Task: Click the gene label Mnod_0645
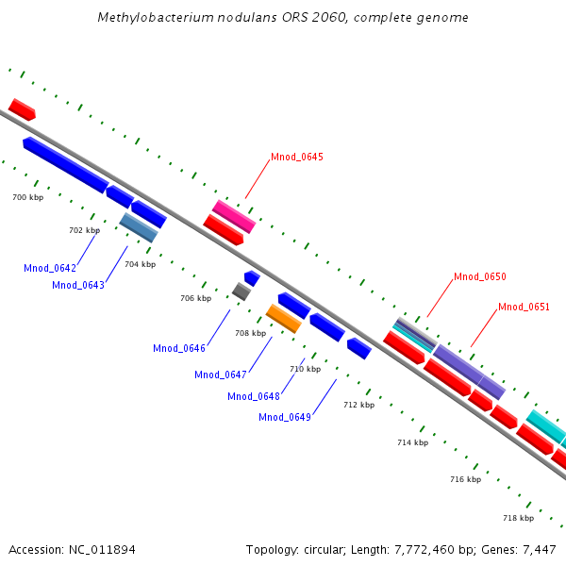[x=297, y=157]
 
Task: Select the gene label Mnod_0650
[x=480, y=277]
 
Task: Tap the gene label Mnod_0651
[x=524, y=307]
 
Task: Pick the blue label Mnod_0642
[x=50, y=269]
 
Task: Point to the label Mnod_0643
[x=78, y=285]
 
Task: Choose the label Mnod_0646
[x=179, y=349]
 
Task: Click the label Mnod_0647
[x=221, y=375]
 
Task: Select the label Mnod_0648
[x=254, y=396]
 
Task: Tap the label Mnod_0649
[x=285, y=418]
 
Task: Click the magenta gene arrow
[x=233, y=216]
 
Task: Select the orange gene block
[x=284, y=318]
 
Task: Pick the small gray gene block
[x=241, y=291]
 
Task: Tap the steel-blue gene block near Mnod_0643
[x=139, y=227]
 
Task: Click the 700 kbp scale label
[x=27, y=198]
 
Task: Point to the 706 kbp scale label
[x=195, y=298]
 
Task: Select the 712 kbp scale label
[x=358, y=405]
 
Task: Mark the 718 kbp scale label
[x=518, y=518]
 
